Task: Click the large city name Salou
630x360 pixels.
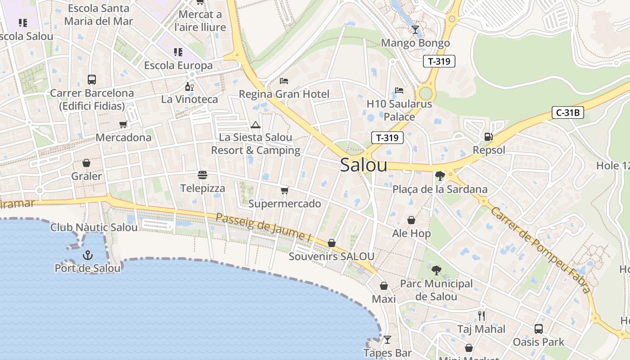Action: pyautogui.click(x=364, y=165)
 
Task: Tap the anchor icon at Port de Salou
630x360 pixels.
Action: pyautogui.click(x=88, y=256)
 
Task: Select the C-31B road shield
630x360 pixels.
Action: pyautogui.click(x=568, y=112)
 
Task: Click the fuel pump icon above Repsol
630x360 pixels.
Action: pyautogui.click(x=488, y=136)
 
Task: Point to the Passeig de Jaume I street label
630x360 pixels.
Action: pyautogui.click(x=263, y=226)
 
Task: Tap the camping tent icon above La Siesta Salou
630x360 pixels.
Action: pyautogui.click(x=256, y=125)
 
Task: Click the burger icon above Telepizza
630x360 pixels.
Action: pyautogui.click(x=202, y=175)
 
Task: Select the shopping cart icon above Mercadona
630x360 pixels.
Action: pyautogui.click(x=123, y=124)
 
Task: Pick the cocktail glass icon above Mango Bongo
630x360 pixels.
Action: pyautogui.click(x=415, y=30)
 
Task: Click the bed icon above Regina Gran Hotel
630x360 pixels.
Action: pyautogui.click(x=284, y=81)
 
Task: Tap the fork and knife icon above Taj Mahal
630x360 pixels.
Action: pyautogui.click(x=481, y=315)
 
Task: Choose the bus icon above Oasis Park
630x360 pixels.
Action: pyautogui.click(x=538, y=329)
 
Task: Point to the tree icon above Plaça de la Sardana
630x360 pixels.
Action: pyautogui.click(x=440, y=176)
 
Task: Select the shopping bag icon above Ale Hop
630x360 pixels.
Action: pyautogui.click(x=411, y=220)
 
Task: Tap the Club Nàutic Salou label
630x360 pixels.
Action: pyautogui.click(x=94, y=227)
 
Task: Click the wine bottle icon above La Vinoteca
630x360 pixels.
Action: pyautogui.click(x=189, y=86)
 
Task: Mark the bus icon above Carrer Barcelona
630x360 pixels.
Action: pyautogui.click(x=92, y=80)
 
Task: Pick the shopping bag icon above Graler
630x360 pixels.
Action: pyautogui.click(x=86, y=163)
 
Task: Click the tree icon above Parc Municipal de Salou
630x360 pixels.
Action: pyautogui.click(x=436, y=270)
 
